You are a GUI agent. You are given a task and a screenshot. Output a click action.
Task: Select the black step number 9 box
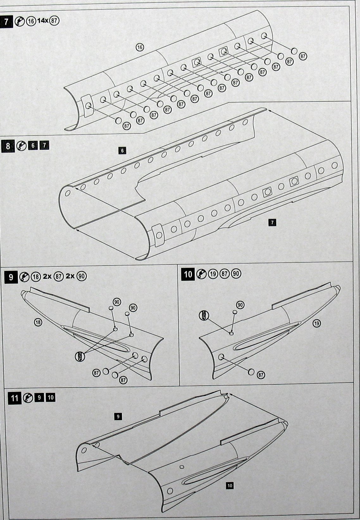[x=11, y=277]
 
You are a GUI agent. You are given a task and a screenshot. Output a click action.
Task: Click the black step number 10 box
[x=188, y=274]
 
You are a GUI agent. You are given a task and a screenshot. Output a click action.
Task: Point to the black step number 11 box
[x=15, y=398]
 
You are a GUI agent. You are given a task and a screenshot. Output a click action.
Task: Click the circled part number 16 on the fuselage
[x=140, y=47]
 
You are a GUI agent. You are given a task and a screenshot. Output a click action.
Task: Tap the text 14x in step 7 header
[x=42, y=21]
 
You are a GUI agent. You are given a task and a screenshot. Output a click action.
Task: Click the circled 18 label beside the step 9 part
[x=38, y=322]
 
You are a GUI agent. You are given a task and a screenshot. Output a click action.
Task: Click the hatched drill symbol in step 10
[x=204, y=315]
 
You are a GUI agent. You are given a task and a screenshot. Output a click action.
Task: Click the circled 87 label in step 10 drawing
[x=261, y=375]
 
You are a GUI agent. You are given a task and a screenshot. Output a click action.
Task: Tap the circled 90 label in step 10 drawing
[x=240, y=305]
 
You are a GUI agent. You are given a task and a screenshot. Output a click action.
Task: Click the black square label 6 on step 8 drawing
[x=122, y=151]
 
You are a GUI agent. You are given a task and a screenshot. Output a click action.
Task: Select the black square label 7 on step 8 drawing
[x=272, y=223]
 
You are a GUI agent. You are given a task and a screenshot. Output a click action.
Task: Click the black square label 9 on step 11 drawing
[x=118, y=417]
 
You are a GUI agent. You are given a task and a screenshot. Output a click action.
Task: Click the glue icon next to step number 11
[x=28, y=398]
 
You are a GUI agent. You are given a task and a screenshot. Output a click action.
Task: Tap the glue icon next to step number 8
[x=22, y=146]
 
